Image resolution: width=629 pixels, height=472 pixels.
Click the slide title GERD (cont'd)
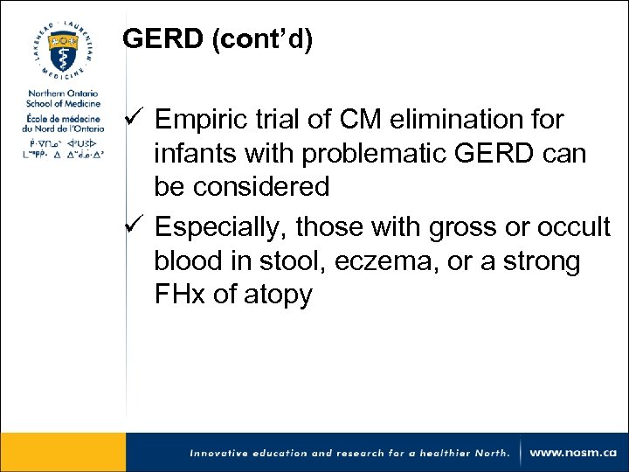point(217,39)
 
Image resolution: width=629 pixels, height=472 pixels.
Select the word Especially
point(220,228)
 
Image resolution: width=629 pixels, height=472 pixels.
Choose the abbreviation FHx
point(180,295)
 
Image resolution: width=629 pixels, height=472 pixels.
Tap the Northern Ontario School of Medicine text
point(63,99)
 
